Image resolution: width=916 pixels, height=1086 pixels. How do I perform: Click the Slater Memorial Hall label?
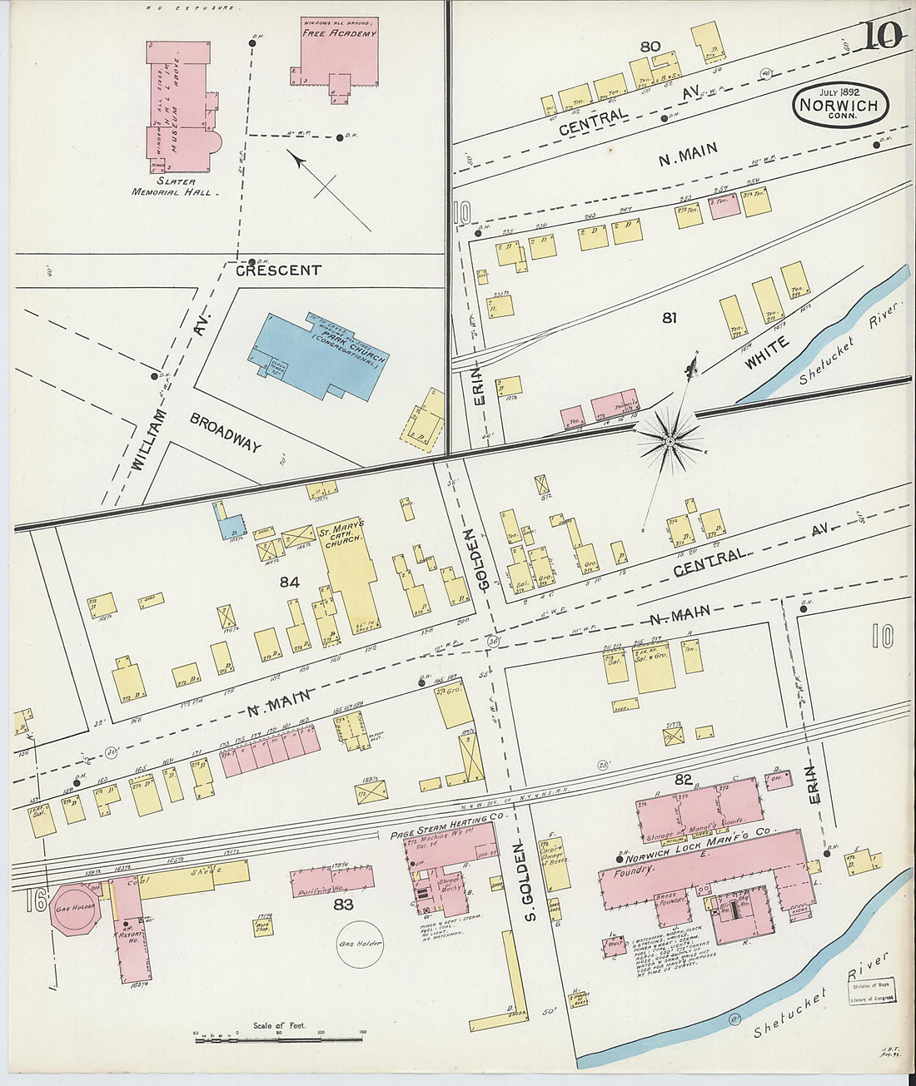point(175,186)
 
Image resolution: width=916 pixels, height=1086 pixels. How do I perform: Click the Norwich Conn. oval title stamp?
point(840,106)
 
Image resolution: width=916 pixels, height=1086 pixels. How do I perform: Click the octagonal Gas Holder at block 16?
point(74,906)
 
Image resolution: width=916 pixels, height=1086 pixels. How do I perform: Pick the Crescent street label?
point(278,270)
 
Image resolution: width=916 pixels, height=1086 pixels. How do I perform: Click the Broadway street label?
point(226,432)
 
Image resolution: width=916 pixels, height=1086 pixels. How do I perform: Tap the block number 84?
point(289,583)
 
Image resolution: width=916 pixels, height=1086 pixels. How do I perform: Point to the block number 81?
point(670,317)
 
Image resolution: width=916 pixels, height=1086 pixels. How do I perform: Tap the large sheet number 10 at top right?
point(882,37)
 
